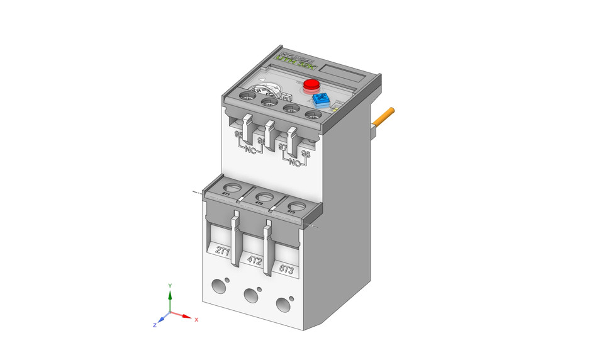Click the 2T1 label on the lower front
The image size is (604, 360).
[x=222, y=250]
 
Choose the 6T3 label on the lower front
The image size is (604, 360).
[x=286, y=269]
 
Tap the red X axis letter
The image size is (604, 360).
[x=196, y=320]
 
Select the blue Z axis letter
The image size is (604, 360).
[x=154, y=325]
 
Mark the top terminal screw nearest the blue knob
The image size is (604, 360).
[x=313, y=115]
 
